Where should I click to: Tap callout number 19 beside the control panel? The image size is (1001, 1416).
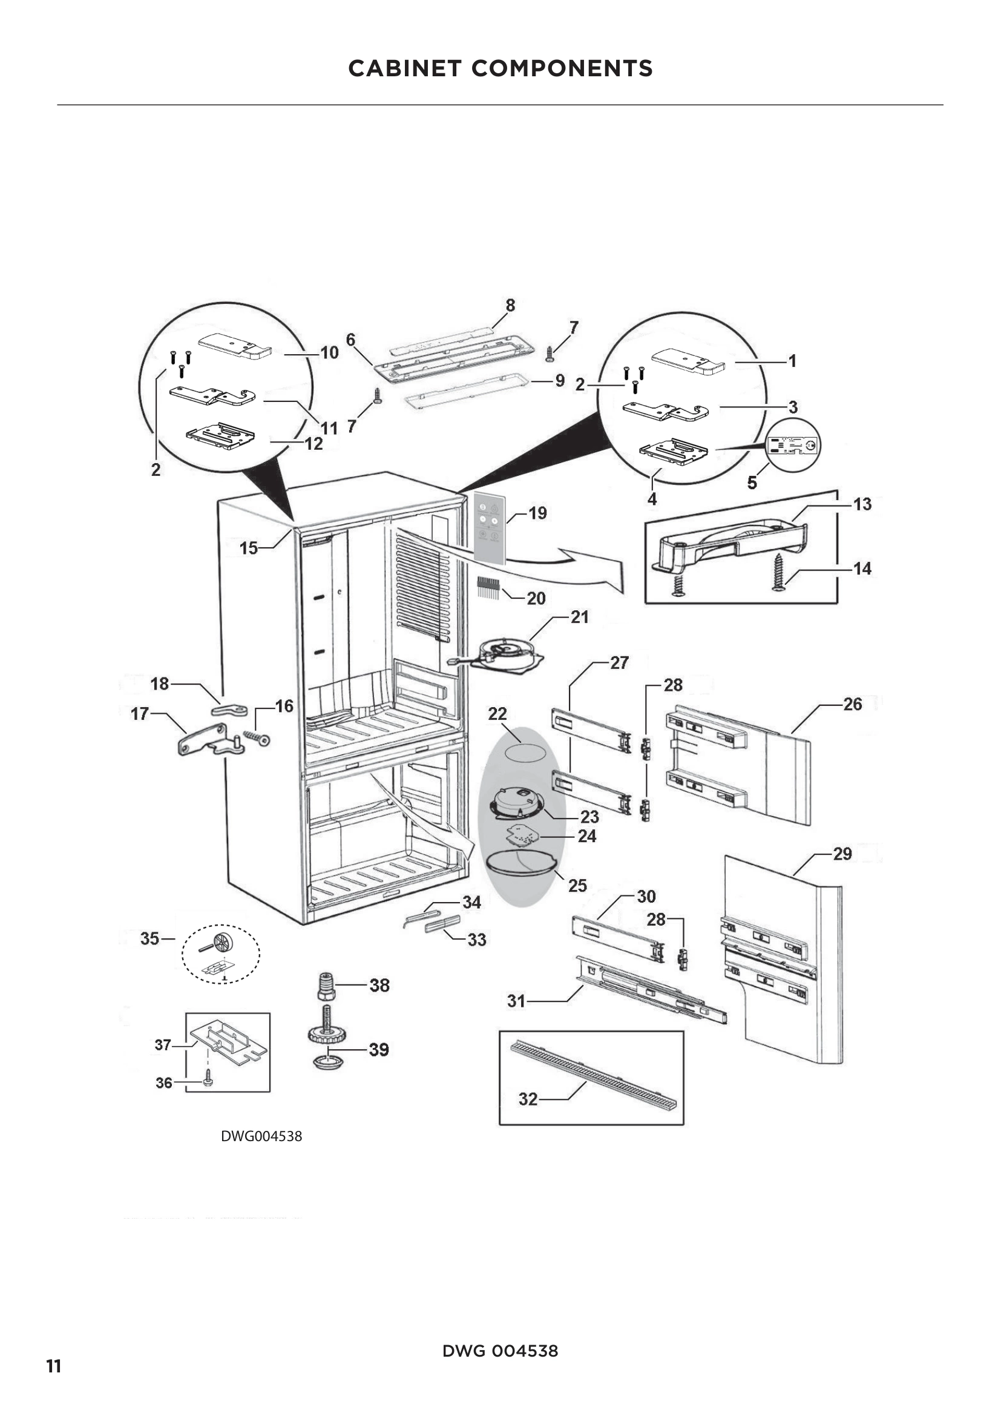[537, 513]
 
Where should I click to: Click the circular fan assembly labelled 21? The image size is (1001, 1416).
[507, 655]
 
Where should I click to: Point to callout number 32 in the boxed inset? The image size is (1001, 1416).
[528, 1099]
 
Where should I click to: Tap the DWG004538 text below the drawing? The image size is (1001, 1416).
[261, 1136]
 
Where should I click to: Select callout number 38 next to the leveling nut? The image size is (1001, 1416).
[379, 986]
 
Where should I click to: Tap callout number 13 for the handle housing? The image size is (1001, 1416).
[862, 504]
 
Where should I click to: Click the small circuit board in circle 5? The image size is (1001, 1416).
[794, 446]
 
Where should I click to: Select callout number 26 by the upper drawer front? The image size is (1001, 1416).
[852, 704]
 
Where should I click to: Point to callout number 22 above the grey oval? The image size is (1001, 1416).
[497, 714]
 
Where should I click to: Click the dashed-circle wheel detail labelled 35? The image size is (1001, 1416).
[220, 955]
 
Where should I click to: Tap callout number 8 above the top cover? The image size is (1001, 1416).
[510, 305]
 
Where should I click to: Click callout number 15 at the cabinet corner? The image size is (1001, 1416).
[248, 548]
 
